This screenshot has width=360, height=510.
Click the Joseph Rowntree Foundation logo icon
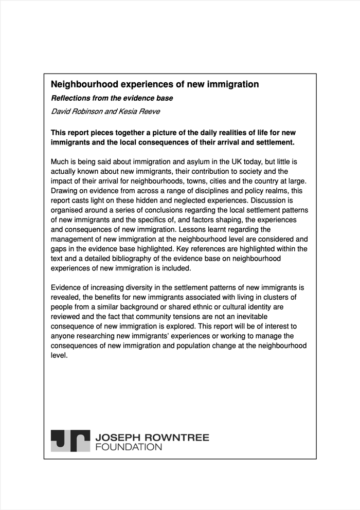(x=70, y=441)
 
